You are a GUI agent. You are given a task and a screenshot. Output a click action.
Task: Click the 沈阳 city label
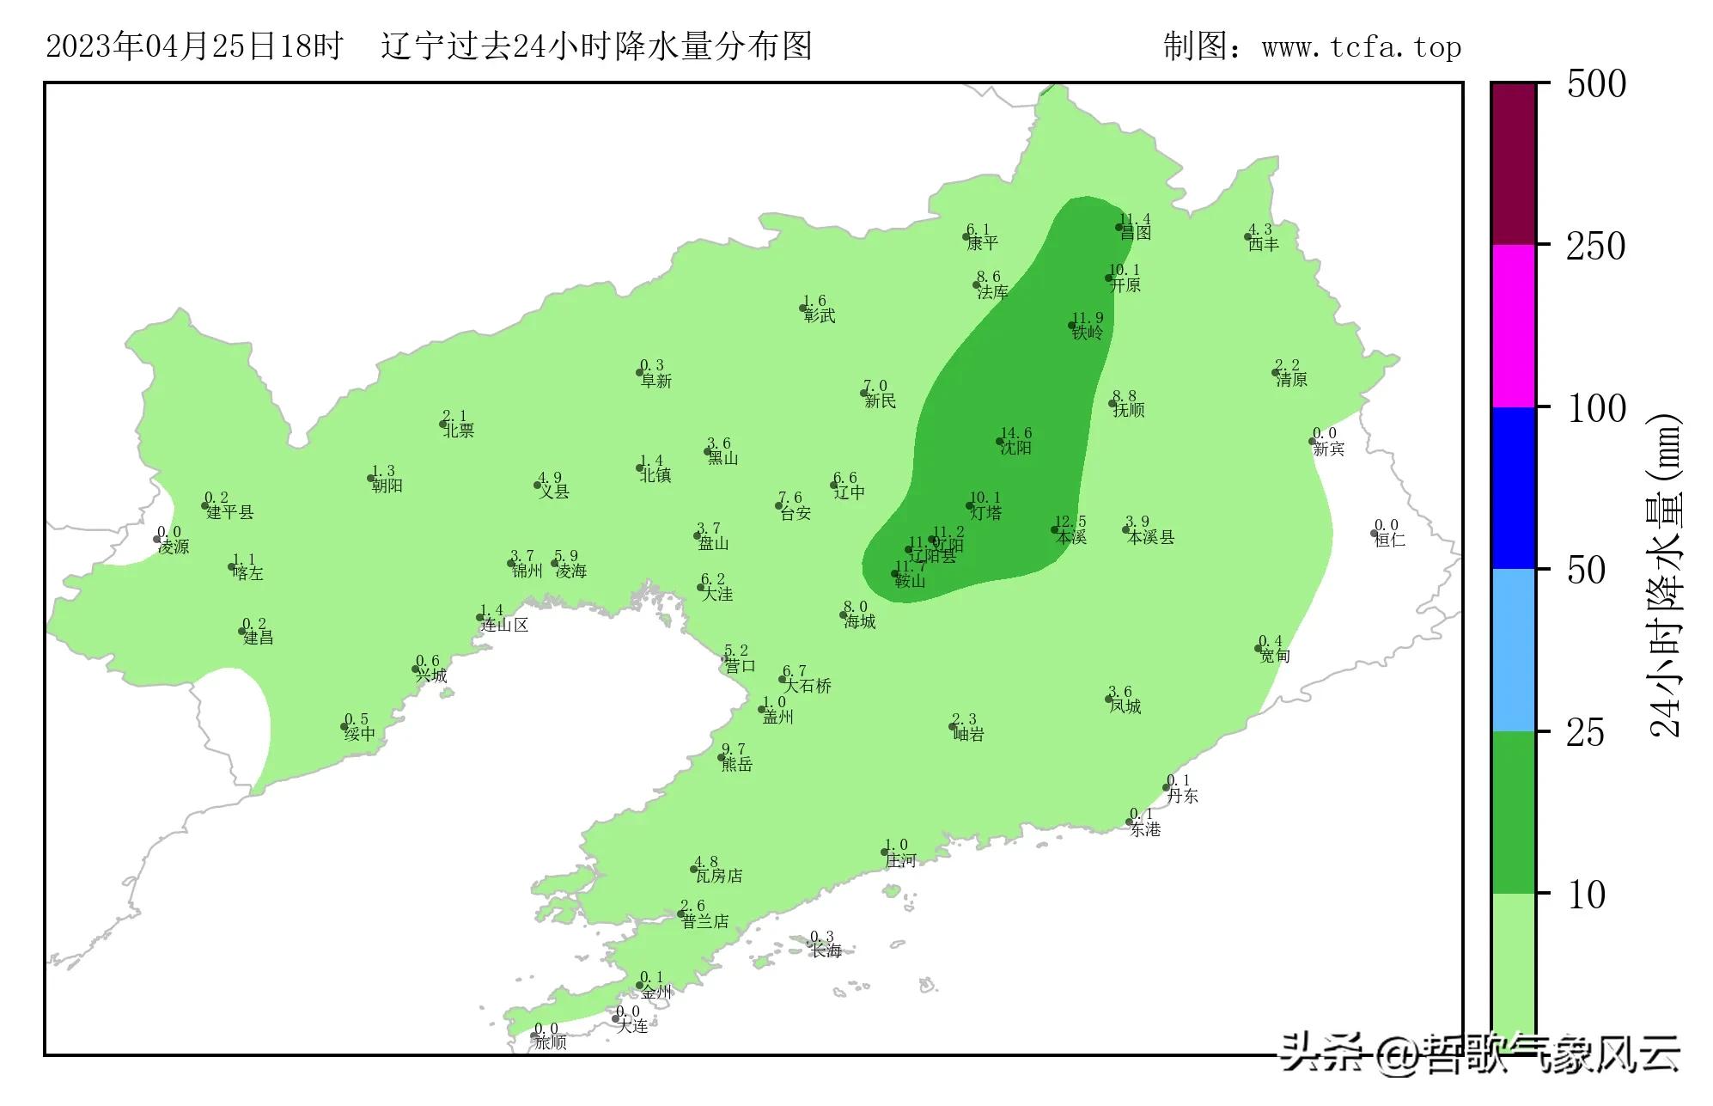[x=1016, y=448]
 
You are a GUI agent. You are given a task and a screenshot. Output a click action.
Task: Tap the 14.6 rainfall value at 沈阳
[x=1016, y=433]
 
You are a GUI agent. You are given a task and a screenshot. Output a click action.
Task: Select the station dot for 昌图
[x=1119, y=228]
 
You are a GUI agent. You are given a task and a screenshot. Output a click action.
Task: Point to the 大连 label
[x=632, y=1025]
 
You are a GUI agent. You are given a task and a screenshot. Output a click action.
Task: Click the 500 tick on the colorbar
[x=1596, y=84]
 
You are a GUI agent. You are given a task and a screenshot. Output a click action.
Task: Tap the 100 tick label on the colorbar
[x=1596, y=409]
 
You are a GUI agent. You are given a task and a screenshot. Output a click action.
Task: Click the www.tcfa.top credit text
[x=1361, y=47]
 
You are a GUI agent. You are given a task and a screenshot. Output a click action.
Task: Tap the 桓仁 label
[x=1390, y=540]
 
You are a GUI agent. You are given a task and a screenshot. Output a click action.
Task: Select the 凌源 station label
[x=174, y=547]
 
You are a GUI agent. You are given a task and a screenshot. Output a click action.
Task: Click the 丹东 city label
[x=1182, y=796]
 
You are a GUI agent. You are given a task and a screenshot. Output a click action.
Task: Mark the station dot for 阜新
[x=640, y=372]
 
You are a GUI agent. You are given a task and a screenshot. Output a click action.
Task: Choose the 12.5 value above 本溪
[x=1070, y=522]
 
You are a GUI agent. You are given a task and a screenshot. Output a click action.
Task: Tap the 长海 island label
[x=826, y=950]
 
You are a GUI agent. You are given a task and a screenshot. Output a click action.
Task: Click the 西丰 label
[x=1264, y=244]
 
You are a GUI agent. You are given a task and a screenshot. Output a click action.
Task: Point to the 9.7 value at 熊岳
[x=734, y=749]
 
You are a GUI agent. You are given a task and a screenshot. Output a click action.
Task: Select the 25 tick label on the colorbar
[x=1586, y=734]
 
